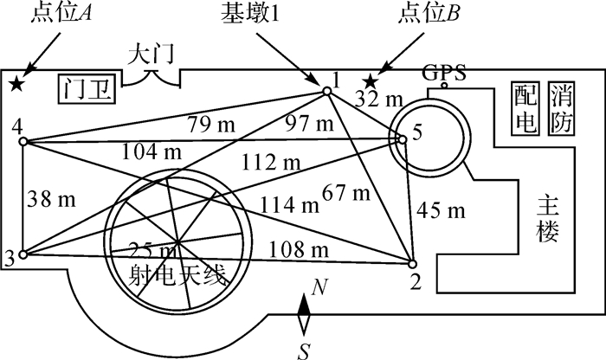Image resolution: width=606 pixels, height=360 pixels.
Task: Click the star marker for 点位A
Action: point(16,83)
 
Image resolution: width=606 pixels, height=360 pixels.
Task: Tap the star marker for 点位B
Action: point(370,81)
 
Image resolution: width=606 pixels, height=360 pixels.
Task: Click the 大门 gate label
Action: point(151,53)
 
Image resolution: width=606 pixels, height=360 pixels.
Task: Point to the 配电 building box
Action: point(525,110)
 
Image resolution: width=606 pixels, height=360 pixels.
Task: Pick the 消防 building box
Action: point(560,110)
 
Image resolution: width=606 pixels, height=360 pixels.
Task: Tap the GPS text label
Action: point(444,72)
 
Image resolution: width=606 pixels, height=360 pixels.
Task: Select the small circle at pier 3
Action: point(23,254)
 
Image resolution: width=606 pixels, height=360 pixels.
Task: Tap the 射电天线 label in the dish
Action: point(177,278)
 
